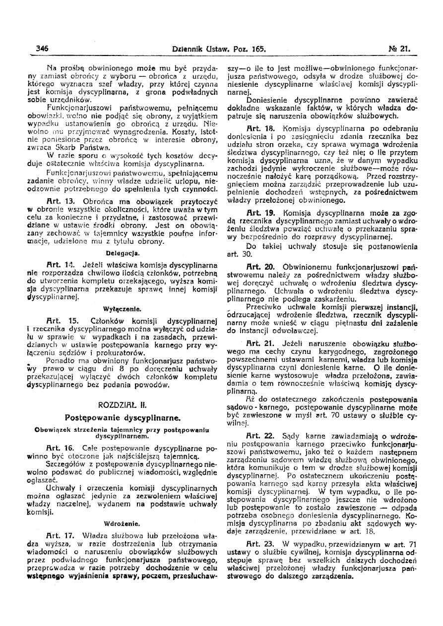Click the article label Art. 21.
[260, 343]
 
